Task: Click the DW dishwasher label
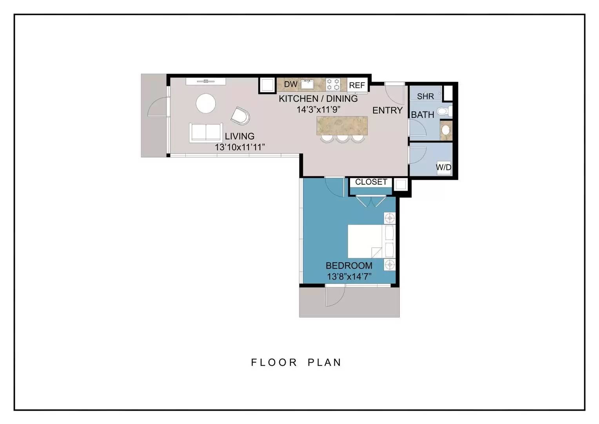coord(290,84)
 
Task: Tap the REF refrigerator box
coord(357,85)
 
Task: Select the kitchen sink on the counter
coord(307,85)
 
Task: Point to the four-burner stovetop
coord(333,84)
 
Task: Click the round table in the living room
coord(206,103)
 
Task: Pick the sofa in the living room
coord(206,133)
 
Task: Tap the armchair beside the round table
coord(240,116)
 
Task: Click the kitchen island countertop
coord(342,126)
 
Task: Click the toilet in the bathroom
coord(445,111)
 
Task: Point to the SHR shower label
coord(425,96)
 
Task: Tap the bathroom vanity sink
coord(446,130)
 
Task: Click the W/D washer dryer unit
coord(444,168)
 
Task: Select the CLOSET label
coord(371,182)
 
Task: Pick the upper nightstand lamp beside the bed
coord(390,218)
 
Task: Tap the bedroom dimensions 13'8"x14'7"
coord(349,276)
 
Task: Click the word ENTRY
coord(387,110)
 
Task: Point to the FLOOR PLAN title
coord(296,362)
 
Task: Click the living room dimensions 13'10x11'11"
coord(240,147)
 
